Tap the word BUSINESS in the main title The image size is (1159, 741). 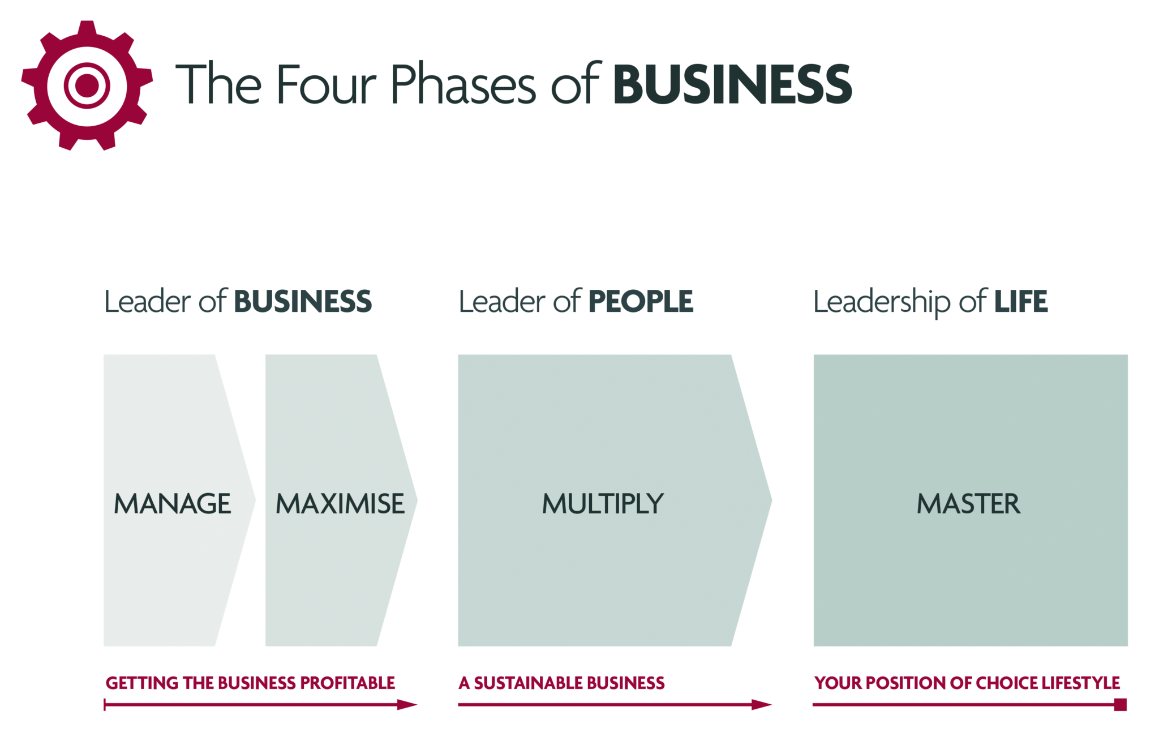(x=732, y=84)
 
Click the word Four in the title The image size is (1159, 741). (x=327, y=84)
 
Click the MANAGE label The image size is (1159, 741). (x=173, y=504)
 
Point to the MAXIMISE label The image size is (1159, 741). (x=340, y=504)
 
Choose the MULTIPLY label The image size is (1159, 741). (x=603, y=504)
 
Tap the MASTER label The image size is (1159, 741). (x=969, y=504)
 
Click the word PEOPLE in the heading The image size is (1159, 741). (x=641, y=301)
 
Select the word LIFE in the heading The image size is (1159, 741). (x=1021, y=301)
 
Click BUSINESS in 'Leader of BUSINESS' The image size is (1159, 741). (x=303, y=301)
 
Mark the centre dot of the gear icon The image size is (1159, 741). (x=87, y=85)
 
